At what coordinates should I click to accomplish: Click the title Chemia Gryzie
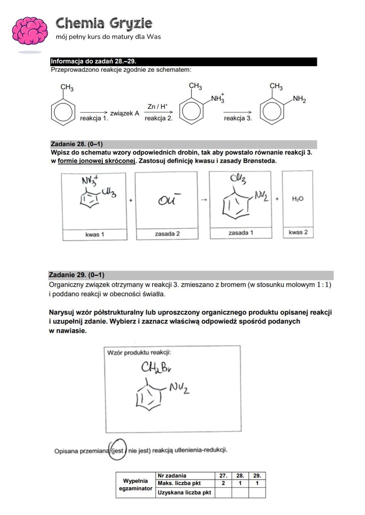click(104, 23)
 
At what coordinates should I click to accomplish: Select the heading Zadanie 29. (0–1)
click(77, 275)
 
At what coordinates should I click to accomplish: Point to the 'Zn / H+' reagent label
click(158, 106)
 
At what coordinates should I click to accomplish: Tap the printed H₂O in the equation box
click(298, 199)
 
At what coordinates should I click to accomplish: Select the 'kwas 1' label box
click(95, 235)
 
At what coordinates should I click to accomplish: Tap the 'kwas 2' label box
click(298, 232)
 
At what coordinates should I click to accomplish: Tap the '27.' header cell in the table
click(223, 476)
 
